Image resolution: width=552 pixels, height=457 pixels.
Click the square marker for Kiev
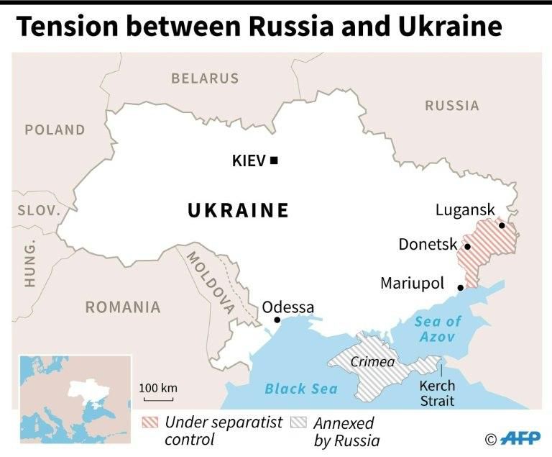pos(274,160)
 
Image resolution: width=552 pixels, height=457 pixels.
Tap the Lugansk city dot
pos(502,226)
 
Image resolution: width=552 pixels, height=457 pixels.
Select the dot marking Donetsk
pos(467,247)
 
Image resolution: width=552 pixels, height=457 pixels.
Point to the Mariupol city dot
pos(461,288)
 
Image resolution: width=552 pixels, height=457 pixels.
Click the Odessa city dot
pos(277,320)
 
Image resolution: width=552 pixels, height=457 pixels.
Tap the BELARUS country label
pos(205,78)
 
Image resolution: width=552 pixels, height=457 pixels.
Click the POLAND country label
pos(55,130)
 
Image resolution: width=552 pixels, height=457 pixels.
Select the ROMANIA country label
pos(123,307)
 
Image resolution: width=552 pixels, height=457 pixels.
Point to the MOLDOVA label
pos(211,282)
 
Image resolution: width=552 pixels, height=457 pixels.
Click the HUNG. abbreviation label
pos(29,263)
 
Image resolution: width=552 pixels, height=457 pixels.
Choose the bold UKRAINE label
pos(238,210)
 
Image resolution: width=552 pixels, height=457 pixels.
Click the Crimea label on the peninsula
pos(372,361)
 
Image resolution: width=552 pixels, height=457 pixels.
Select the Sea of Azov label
pos(438,329)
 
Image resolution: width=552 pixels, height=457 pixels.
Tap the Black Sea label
pos(300,389)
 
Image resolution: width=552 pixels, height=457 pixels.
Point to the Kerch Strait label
pos(436,393)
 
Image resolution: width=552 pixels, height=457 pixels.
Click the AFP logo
pos(521,438)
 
